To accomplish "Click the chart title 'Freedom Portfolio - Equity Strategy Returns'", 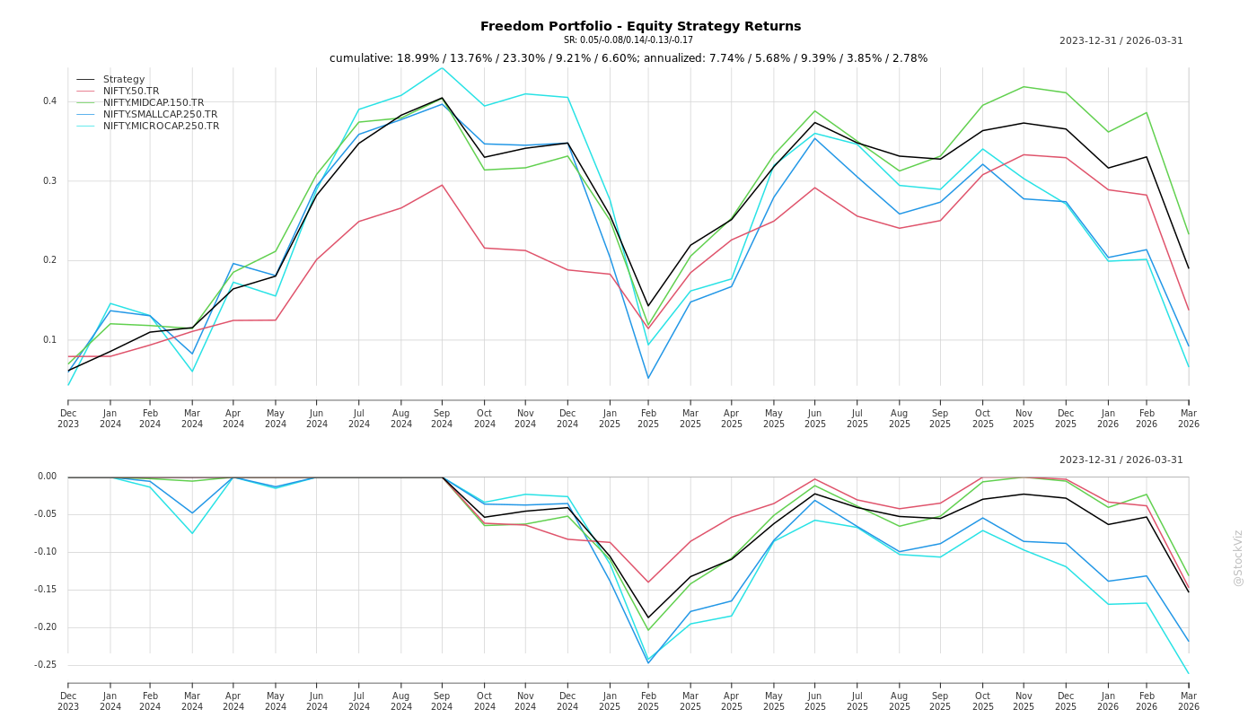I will [x=640, y=26].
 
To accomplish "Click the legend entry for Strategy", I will [x=124, y=80].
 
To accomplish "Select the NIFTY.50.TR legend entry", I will [x=131, y=92].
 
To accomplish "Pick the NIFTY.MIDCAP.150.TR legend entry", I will [x=154, y=103].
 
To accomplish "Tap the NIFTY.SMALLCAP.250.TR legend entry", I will [x=160, y=115].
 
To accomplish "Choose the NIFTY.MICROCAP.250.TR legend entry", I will [x=161, y=127].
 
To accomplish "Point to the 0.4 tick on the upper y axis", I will [x=50, y=101].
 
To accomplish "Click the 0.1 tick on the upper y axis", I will [x=50, y=340].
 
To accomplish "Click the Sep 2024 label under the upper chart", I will [x=442, y=418].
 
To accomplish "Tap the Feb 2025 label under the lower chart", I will [x=648, y=701].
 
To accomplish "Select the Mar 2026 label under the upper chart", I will [x=1188, y=418].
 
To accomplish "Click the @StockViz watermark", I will [x=1238, y=557].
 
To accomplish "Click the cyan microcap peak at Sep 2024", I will [x=442, y=67].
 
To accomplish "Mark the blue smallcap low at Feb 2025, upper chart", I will [x=648, y=378].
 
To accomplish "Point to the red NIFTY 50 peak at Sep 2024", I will [x=442, y=185].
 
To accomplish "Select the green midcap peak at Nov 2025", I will [x=1024, y=86].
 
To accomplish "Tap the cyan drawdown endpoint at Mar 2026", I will [x=1188, y=673].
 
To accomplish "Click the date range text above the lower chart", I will [x=1121, y=460].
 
